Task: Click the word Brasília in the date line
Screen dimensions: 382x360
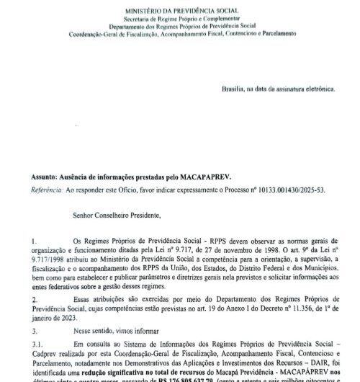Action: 237,89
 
